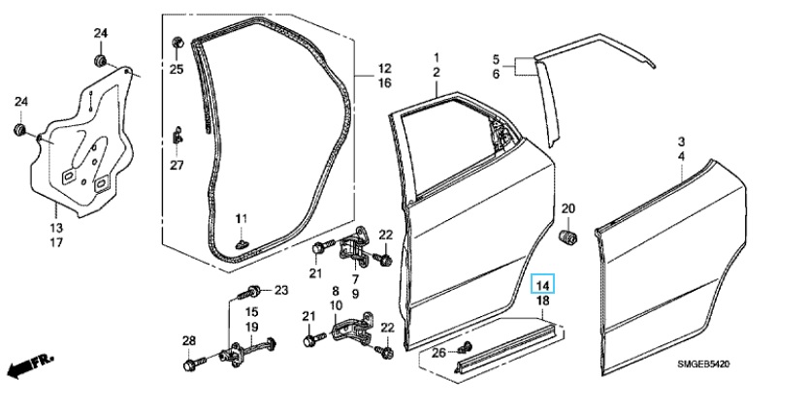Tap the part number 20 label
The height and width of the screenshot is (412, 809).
point(568,209)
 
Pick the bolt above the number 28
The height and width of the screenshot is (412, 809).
point(189,364)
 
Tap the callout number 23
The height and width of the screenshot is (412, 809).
point(281,290)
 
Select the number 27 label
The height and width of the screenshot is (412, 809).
point(176,165)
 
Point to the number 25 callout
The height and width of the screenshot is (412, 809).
point(176,68)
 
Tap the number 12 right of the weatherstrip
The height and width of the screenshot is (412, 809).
point(384,69)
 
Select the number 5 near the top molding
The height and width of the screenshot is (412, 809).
point(496,58)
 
